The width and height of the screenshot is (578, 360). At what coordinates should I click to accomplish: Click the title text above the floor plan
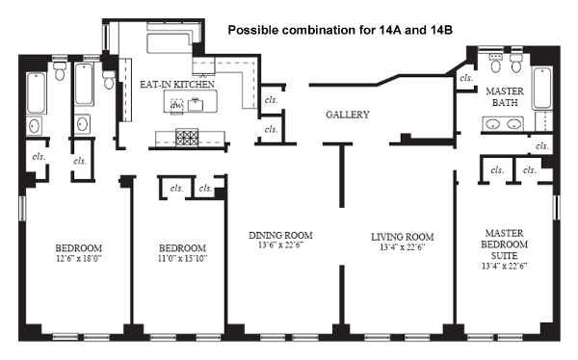click(340, 30)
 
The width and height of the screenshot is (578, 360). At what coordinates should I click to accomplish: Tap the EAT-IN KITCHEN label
click(177, 85)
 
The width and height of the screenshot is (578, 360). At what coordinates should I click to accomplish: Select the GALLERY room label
click(347, 115)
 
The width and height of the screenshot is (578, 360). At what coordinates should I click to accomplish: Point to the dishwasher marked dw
click(177, 105)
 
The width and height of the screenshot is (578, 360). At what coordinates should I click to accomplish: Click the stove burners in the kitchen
click(187, 138)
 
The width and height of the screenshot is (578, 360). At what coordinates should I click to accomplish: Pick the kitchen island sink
click(196, 104)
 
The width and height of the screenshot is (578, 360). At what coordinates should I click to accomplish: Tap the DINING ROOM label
click(281, 235)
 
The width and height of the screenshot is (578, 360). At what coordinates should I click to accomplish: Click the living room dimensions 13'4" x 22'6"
click(402, 247)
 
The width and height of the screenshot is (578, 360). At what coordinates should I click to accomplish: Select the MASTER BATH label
click(505, 96)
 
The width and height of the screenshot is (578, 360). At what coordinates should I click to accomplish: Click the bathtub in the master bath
click(542, 88)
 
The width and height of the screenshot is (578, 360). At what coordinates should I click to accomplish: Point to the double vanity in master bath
click(503, 124)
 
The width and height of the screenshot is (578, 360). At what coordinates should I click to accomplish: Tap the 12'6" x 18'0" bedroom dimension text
click(79, 258)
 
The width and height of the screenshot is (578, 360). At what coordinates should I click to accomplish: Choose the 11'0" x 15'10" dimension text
click(182, 258)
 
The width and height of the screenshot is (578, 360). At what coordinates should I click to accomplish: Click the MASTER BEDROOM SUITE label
click(504, 244)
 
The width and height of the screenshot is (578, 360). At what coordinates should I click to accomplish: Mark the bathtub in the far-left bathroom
click(37, 92)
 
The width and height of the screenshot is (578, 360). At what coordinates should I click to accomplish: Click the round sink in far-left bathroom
click(35, 126)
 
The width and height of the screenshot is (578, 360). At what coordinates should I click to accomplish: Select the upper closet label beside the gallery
click(272, 100)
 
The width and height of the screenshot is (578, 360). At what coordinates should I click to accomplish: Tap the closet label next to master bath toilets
click(466, 78)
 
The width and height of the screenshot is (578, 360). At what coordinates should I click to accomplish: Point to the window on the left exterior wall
click(22, 208)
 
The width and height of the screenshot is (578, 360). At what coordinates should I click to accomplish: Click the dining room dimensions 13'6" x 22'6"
click(281, 245)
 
